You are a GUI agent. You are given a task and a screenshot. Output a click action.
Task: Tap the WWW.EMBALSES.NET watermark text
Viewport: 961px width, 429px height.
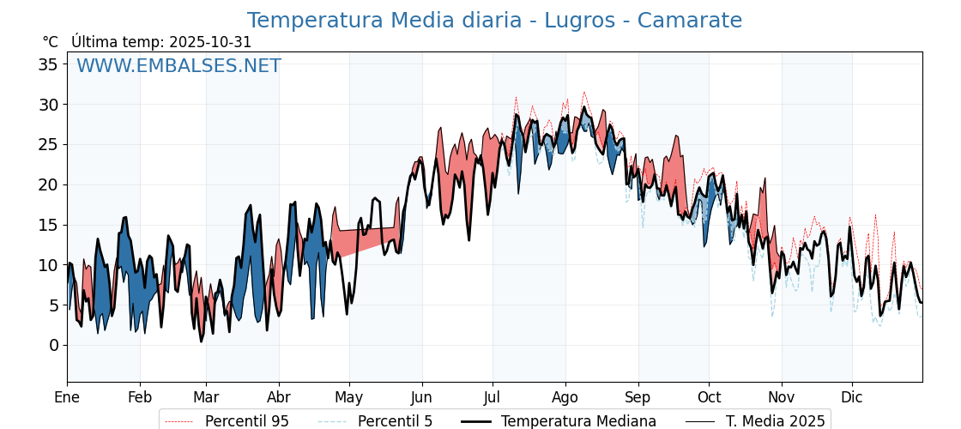point(178,66)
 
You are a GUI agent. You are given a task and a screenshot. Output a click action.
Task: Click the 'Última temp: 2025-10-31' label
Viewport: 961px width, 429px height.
point(161,42)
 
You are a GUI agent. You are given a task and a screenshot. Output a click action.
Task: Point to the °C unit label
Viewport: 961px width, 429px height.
point(51,42)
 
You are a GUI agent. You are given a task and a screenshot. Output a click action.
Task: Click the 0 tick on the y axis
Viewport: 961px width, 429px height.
point(54,345)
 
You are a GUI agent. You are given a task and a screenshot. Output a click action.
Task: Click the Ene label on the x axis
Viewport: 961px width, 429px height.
point(67,397)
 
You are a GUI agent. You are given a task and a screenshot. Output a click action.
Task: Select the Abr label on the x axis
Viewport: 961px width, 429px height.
point(279,397)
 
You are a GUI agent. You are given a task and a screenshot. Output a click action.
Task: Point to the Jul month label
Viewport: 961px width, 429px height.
point(493,397)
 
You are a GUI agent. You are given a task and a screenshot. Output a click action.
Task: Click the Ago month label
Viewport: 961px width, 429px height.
point(565,397)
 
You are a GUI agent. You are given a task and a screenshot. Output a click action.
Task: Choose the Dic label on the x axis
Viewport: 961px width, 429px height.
point(852,397)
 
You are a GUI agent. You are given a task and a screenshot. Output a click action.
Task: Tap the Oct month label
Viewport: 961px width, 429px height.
point(709,397)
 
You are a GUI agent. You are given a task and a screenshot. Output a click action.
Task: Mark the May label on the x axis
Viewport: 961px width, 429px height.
point(349,397)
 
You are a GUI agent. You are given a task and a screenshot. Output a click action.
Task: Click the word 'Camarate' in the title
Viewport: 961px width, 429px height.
point(686,21)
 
